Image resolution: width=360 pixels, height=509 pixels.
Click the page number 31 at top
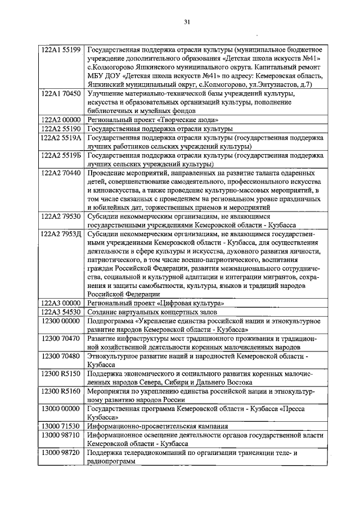point(187,22)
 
